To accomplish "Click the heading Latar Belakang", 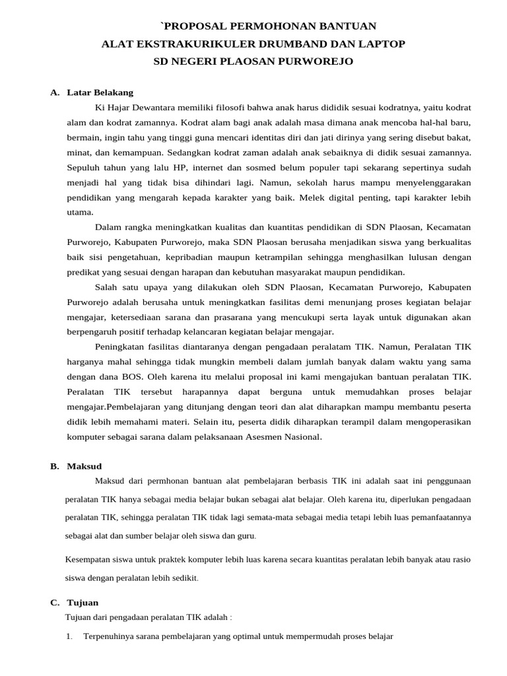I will click(x=100, y=92).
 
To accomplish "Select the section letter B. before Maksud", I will click(x=55, y=466).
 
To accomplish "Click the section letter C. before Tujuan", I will click(x=55, y=602).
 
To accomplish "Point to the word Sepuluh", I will click(x=83, y=168).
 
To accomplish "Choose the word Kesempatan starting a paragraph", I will click(x=90, y=559).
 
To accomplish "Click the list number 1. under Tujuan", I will click(x=69, y=636).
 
